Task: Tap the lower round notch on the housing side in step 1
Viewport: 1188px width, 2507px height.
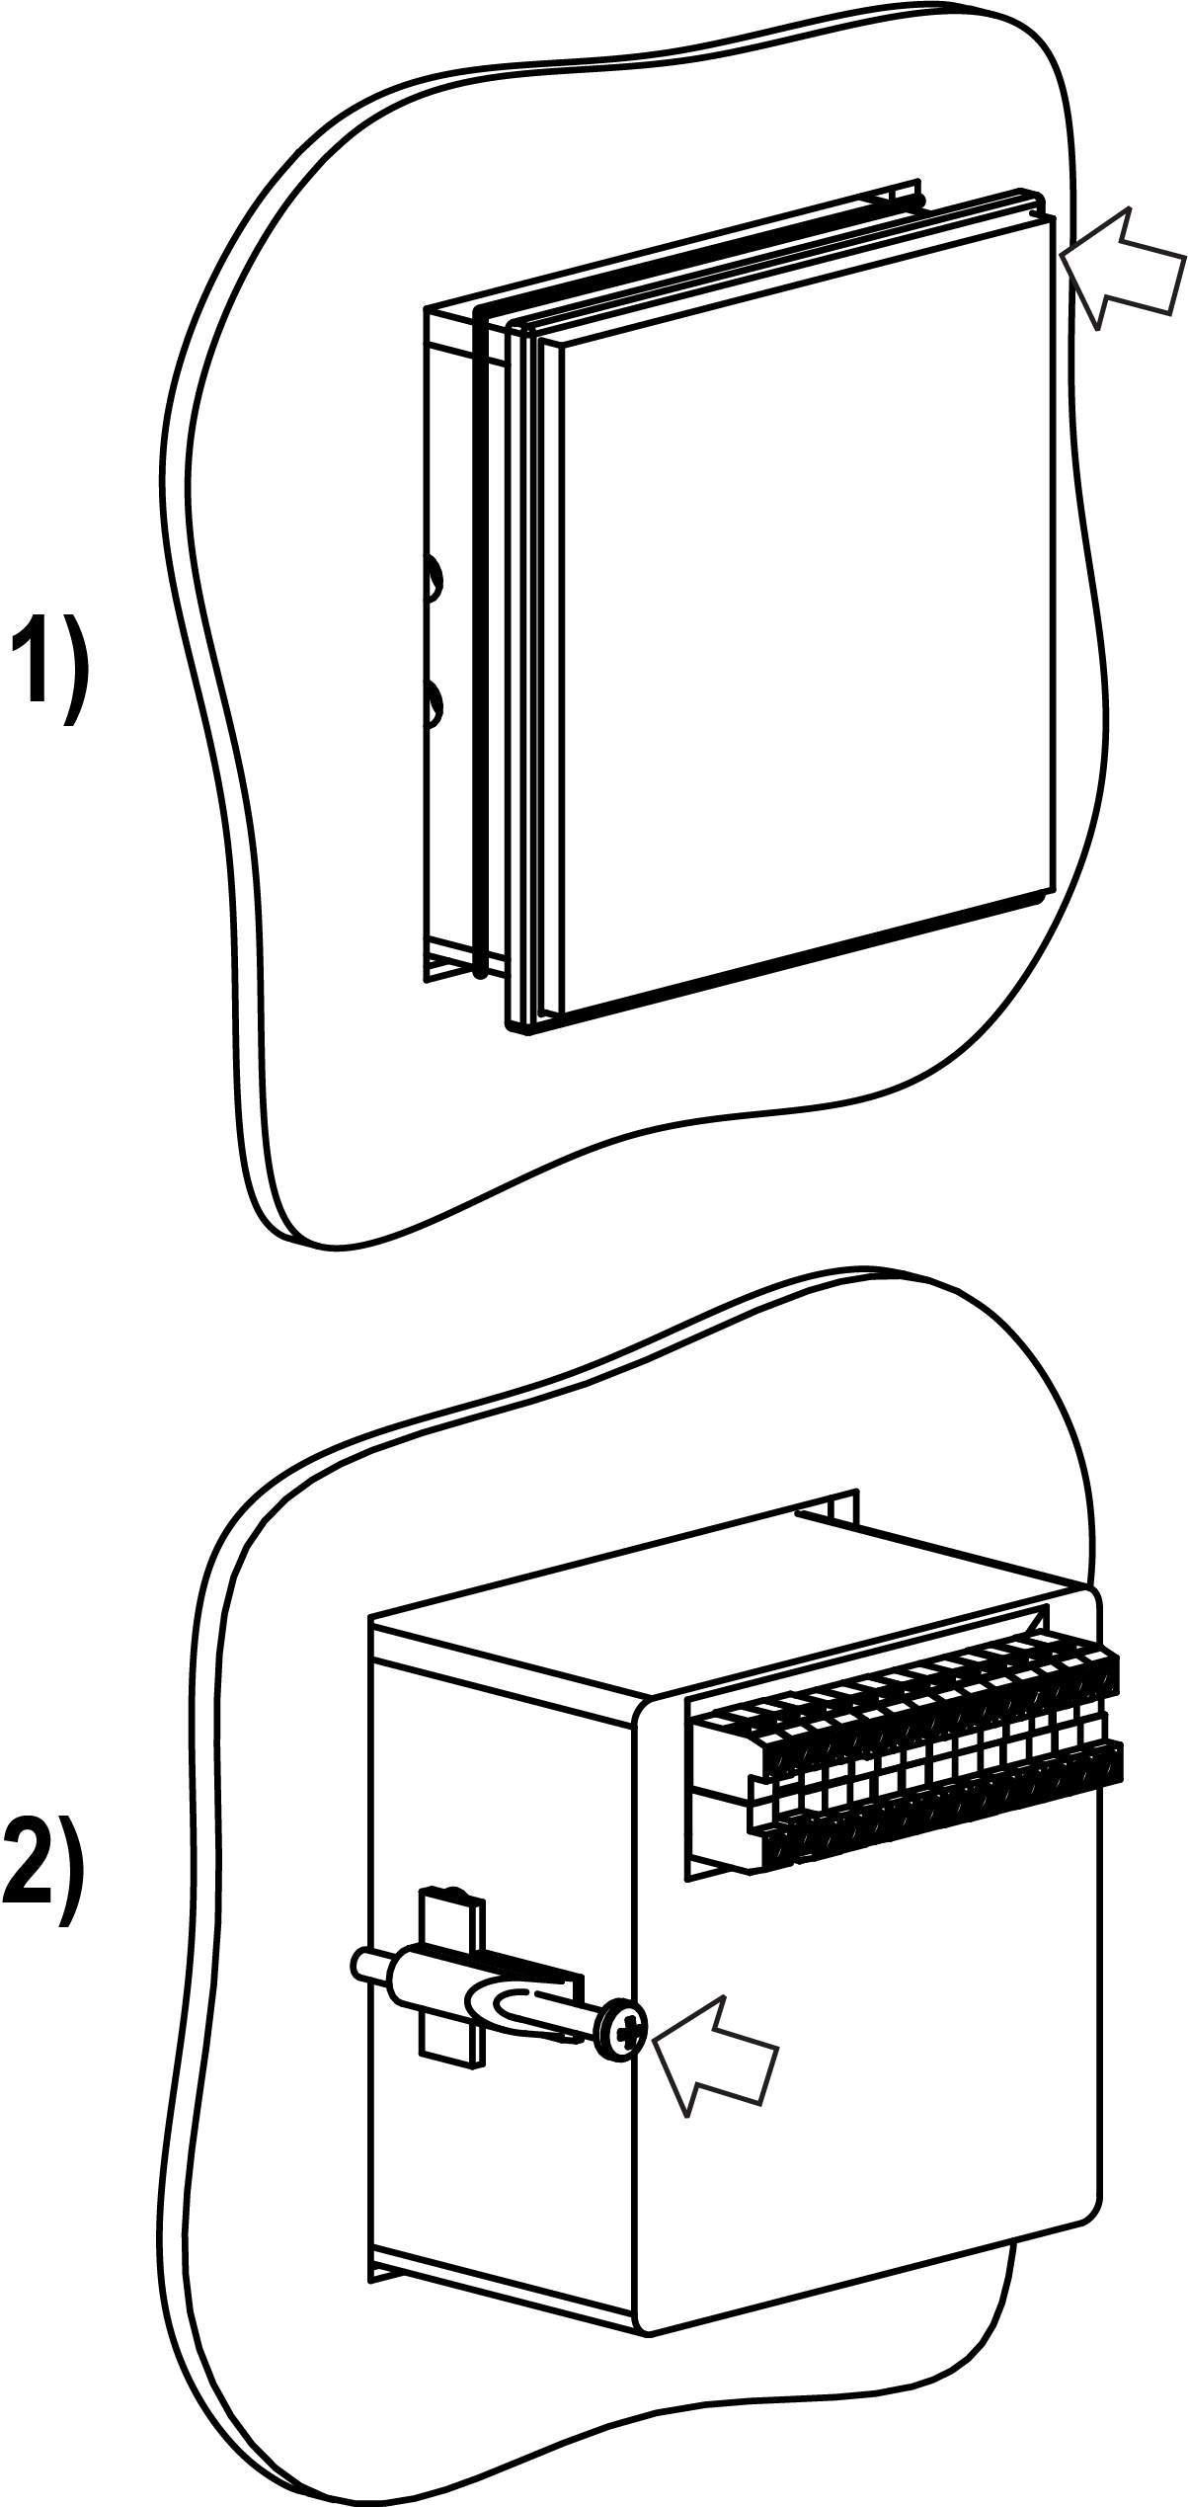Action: pos(433,703)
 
